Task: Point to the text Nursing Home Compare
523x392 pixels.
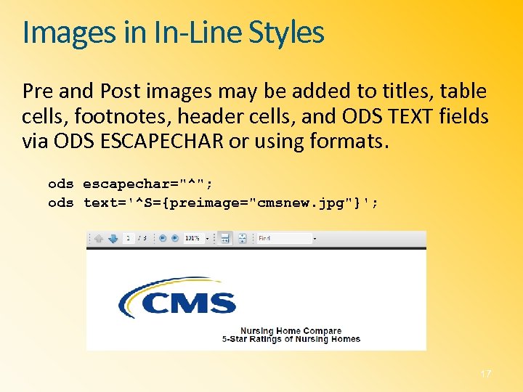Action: (x=291, y=331)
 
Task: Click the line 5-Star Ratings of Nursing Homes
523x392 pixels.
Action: (x=291, y=339)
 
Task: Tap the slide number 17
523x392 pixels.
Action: (x=486, y=373)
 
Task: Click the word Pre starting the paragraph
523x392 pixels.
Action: (x=38, y=92)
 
